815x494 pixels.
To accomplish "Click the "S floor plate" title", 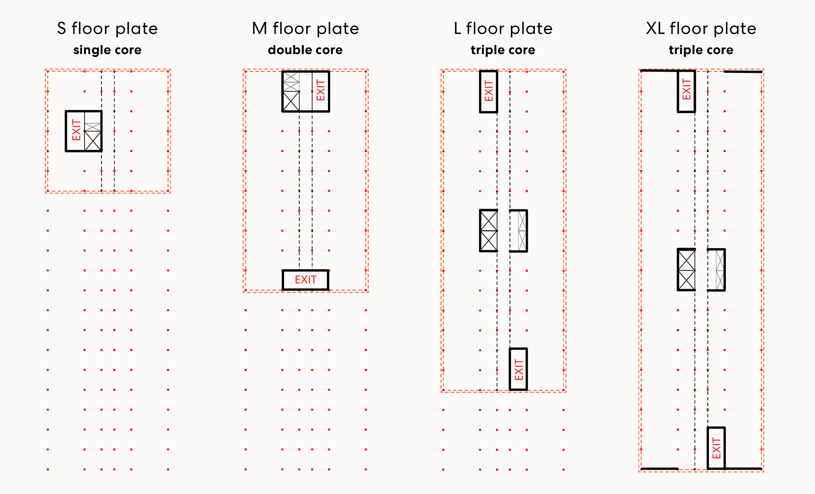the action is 107,28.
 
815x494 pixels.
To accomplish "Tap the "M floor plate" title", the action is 305,28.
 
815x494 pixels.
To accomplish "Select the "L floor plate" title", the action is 503,28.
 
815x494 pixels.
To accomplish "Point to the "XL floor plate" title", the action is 701,28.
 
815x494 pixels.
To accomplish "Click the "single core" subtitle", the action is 107,50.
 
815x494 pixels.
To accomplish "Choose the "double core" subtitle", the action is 305,50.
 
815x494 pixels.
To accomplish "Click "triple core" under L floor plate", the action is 503,50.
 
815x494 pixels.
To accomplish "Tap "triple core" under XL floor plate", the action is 701,50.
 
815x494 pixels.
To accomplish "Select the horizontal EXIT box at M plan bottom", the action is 305,280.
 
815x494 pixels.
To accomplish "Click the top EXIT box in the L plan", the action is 488,92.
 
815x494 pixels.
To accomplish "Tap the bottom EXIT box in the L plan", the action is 518,370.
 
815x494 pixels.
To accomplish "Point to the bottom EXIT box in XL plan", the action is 716,448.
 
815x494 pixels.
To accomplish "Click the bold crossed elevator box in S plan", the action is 93,141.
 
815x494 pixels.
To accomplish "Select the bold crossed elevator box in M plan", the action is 291,101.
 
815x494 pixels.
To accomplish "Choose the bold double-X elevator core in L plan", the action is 489,231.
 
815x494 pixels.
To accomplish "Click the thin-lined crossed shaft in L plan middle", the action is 522,231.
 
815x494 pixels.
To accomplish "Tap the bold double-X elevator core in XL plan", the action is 686,270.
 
